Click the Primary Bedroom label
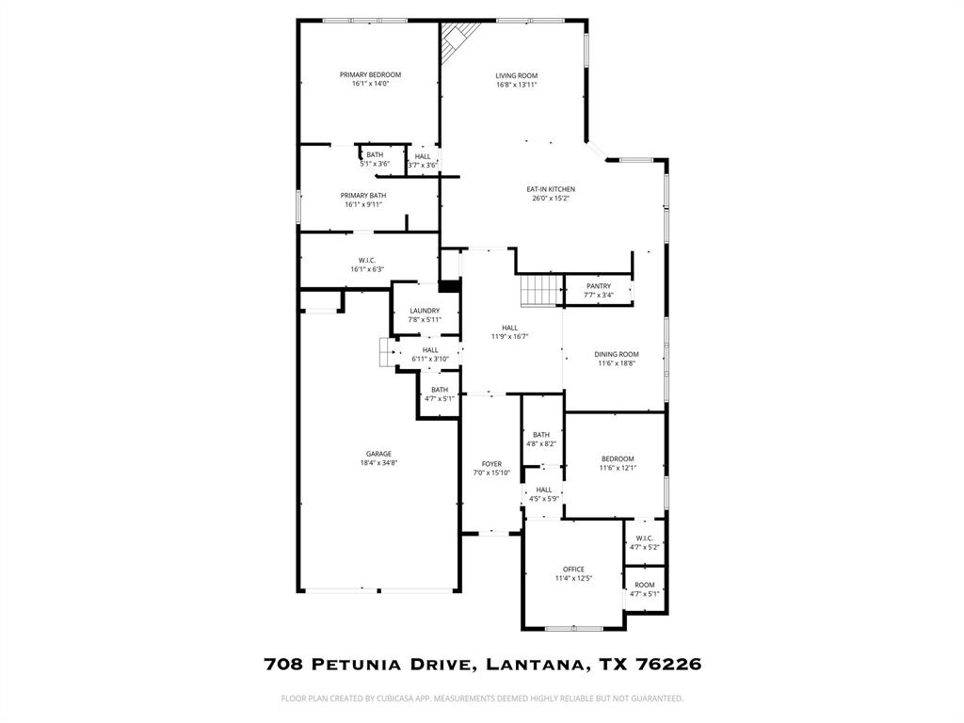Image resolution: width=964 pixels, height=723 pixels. (x=370, y=75)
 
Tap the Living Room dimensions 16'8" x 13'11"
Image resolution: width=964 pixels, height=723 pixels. (x=517, y=85)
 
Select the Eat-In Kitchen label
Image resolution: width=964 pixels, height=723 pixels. (x=551, y=189)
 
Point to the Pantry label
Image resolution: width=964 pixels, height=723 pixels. (x=599, y=286)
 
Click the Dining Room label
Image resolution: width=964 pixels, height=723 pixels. (x=617, y=354)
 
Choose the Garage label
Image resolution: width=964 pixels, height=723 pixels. (x=379, y=454)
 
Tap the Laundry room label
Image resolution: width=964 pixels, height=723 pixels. (x=425, y=311)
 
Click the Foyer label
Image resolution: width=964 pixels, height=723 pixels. (x=491, y=464)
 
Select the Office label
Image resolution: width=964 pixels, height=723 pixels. (x=573, y=570)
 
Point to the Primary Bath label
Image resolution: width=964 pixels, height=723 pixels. (x=364, y=196)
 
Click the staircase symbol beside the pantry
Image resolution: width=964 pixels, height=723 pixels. (x=541, y=290)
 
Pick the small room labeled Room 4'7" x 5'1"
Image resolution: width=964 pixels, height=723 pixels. (x=645, y=588)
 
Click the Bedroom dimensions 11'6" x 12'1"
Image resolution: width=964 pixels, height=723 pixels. (x=618, y=468)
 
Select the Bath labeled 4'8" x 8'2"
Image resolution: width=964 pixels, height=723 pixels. (x=541, y=439)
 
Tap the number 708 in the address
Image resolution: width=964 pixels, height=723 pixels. (x=282, y=664)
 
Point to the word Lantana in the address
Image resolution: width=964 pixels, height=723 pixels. (x=536, y=664)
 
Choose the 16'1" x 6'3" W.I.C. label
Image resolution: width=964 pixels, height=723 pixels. (x=367, y=265)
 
